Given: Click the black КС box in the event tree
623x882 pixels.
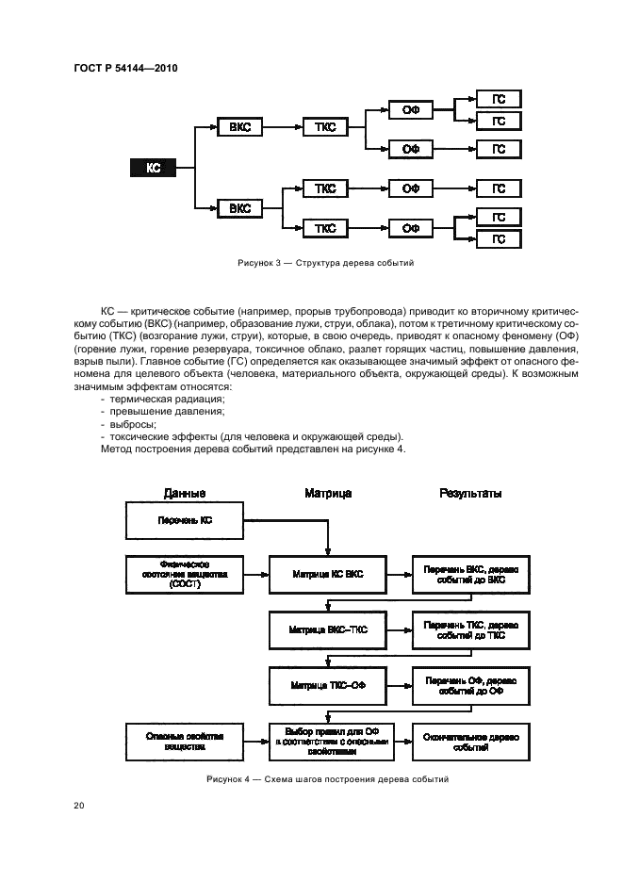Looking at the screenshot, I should pos(154,168).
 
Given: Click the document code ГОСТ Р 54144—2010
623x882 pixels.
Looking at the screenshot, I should pos(125,68).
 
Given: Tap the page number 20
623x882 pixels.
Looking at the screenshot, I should pos(78,806).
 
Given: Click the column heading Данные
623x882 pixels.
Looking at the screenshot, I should pos(184,494).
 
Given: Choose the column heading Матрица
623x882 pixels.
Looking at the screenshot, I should pos(328,494).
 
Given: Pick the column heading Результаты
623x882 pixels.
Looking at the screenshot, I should pos(471,494).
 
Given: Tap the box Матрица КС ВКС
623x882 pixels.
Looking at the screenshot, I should pos(327,574).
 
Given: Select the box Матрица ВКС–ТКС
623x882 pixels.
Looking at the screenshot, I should pos(327,629).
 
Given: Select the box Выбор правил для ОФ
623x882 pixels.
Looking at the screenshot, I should pos(327,742).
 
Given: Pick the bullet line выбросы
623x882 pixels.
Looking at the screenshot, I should pos(133,424).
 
